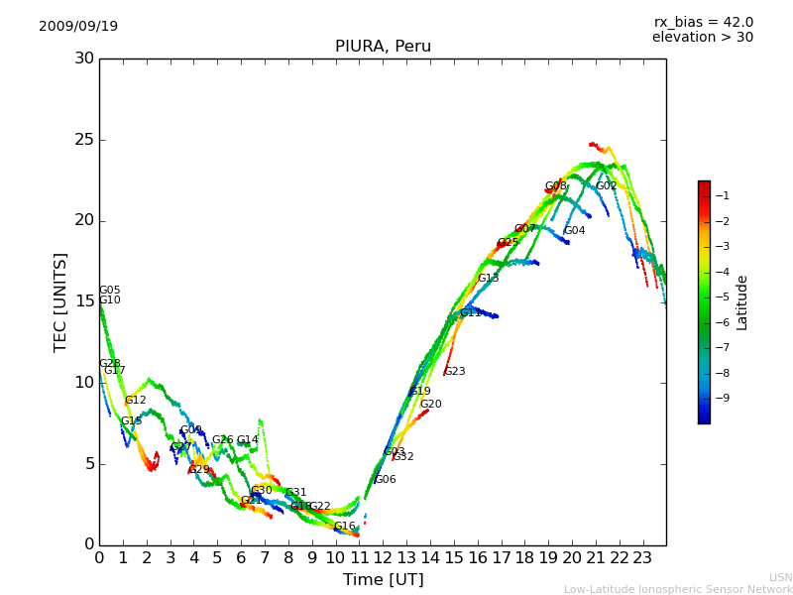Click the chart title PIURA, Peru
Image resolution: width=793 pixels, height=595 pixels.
pos(383,47)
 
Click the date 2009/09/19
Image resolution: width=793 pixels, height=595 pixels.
pos(78,26)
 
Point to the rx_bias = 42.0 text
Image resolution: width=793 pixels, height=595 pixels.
pos(703,22)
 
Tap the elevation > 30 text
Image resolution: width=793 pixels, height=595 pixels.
pos(702,38)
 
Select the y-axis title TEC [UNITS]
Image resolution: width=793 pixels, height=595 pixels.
pos(60,301)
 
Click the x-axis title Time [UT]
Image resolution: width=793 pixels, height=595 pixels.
pos(383,579)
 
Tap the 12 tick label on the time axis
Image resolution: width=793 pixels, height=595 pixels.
pos(383,557)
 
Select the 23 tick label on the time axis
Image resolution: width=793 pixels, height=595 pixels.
pos(642,557)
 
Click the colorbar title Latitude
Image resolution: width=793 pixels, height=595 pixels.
pos(742,302)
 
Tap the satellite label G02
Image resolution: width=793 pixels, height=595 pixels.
pos(606,185)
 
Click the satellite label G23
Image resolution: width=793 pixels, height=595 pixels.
pos(454,372)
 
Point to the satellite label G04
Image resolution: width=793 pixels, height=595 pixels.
pos(574,231)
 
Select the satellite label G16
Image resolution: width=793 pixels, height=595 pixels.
pos(344,527)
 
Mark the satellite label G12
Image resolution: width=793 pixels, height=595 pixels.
pos(135,401)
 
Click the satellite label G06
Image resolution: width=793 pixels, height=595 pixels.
pos(385,480)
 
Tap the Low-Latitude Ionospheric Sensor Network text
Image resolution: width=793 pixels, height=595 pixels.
pos(678,589)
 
